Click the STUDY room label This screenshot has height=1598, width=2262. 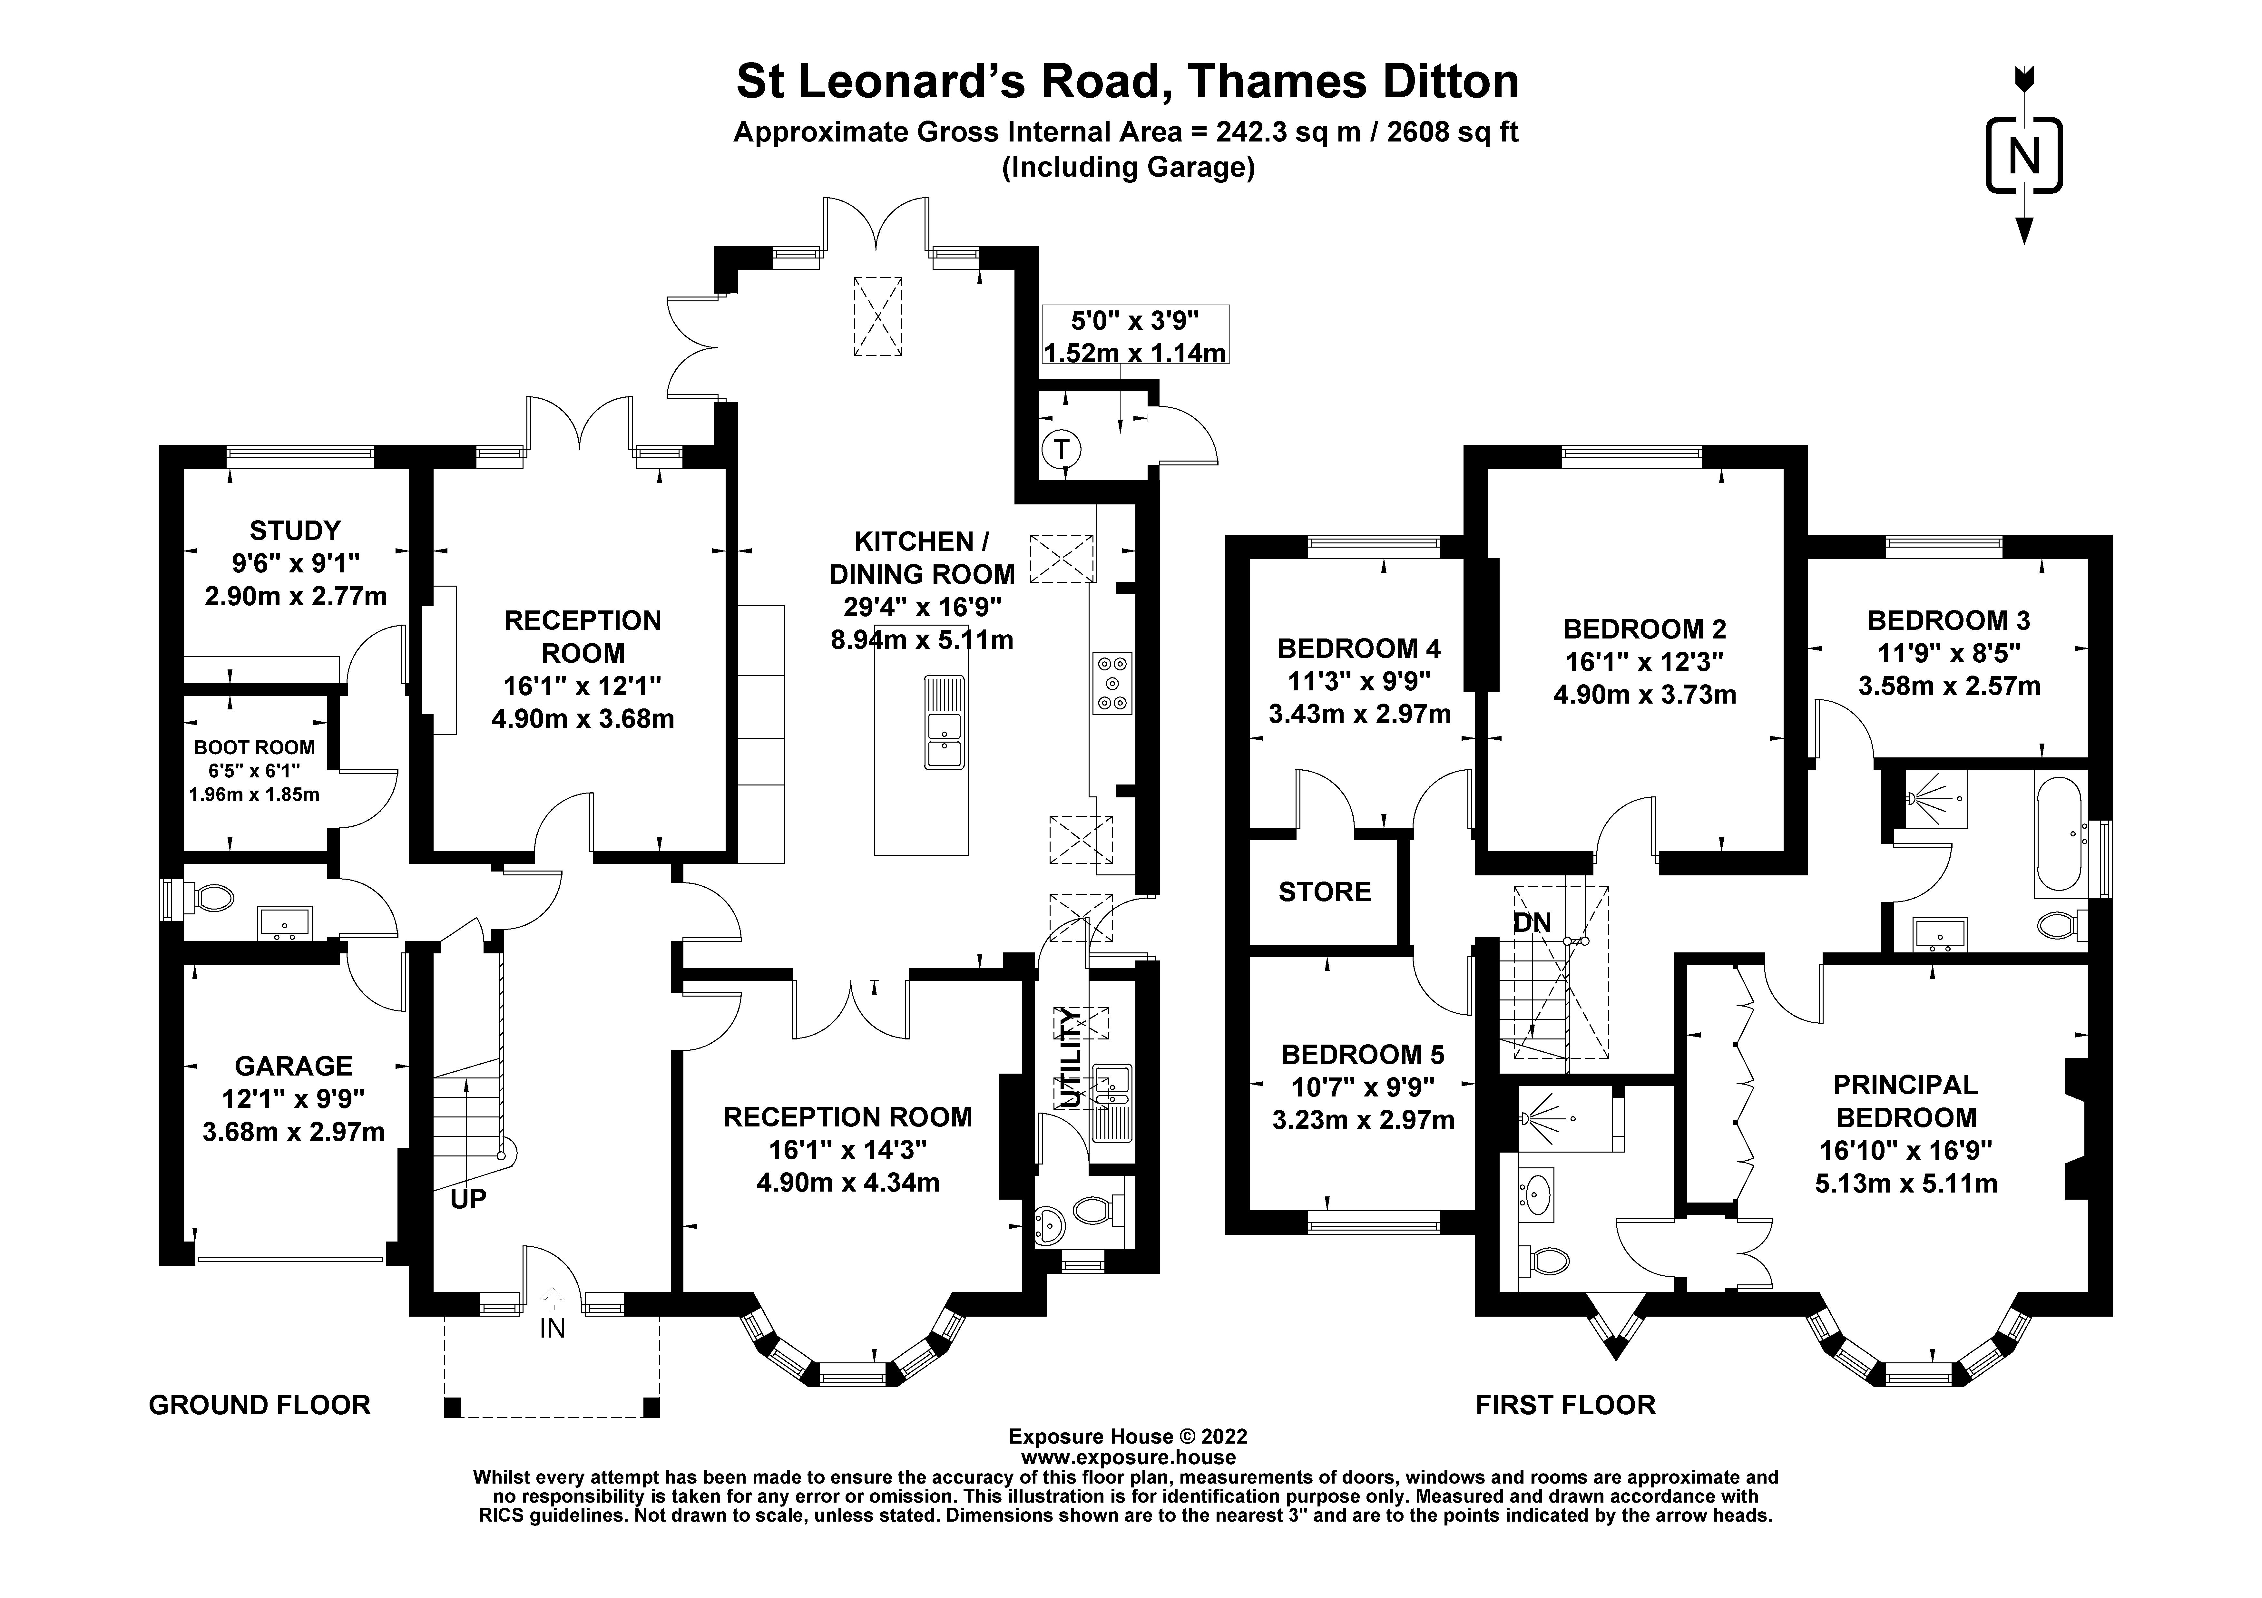click(295, 531)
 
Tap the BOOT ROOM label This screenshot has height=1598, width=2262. click(254, 748)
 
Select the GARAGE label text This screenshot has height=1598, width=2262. click(294, 1066)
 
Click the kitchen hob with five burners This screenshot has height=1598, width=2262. click(1112, 683)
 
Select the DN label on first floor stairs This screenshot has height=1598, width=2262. click(1532, 923)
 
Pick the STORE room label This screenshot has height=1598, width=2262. click(1324, 892)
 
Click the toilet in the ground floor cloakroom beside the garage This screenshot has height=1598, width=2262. click(211, 898)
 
